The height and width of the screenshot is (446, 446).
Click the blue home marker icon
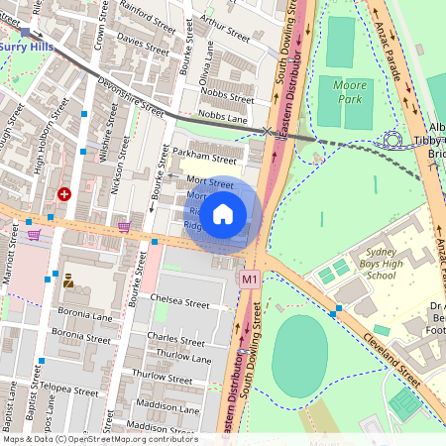point(223,214)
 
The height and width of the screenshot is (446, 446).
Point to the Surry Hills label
point(27,46)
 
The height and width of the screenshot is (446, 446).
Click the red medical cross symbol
point(64,195)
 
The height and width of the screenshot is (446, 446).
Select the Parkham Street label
point(204,157)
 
